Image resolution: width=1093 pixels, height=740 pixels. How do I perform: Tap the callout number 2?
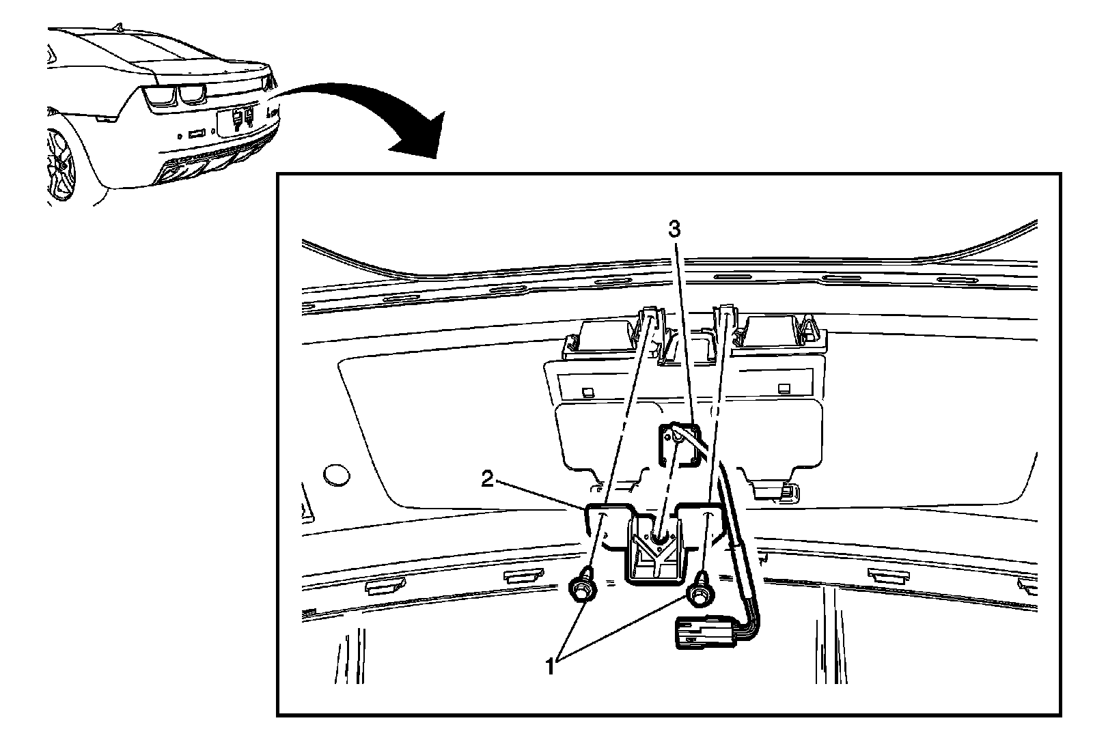point(487,480)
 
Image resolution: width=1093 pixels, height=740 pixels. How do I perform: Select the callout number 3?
point(674,230)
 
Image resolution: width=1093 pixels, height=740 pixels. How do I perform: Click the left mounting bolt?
point(581,586)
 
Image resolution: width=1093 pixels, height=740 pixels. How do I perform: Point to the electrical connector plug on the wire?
point(703,631)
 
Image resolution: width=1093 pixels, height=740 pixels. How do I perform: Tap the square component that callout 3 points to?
point(677,444)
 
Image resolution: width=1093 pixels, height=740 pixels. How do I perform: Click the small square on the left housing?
point(587,392)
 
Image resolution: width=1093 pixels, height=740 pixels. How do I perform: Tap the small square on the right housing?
point(784,388)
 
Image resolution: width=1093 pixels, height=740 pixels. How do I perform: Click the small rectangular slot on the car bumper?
point(196,132)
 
